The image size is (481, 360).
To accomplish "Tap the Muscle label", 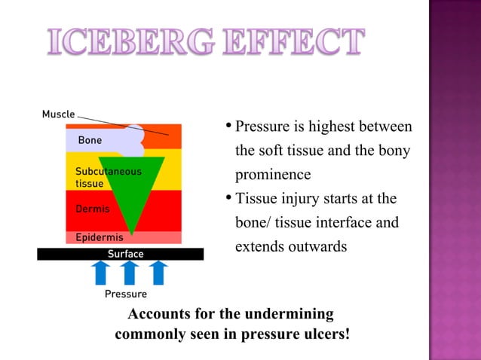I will point(58,114).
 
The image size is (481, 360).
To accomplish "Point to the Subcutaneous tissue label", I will point(107,177).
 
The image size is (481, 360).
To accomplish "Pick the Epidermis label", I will point(99,238).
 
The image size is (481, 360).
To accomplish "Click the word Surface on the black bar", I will point(125,254).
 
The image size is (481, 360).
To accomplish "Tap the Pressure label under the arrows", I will point(125,294).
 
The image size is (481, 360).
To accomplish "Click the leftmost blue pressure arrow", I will point(100,273).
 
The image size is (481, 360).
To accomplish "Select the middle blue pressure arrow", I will point(129,273).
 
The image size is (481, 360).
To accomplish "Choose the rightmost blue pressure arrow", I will point(158,273).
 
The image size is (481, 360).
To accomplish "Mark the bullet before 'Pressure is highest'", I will point(228,126).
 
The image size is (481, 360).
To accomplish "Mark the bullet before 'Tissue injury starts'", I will point(228,199).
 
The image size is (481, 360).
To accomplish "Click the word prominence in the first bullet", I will point(273,175).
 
